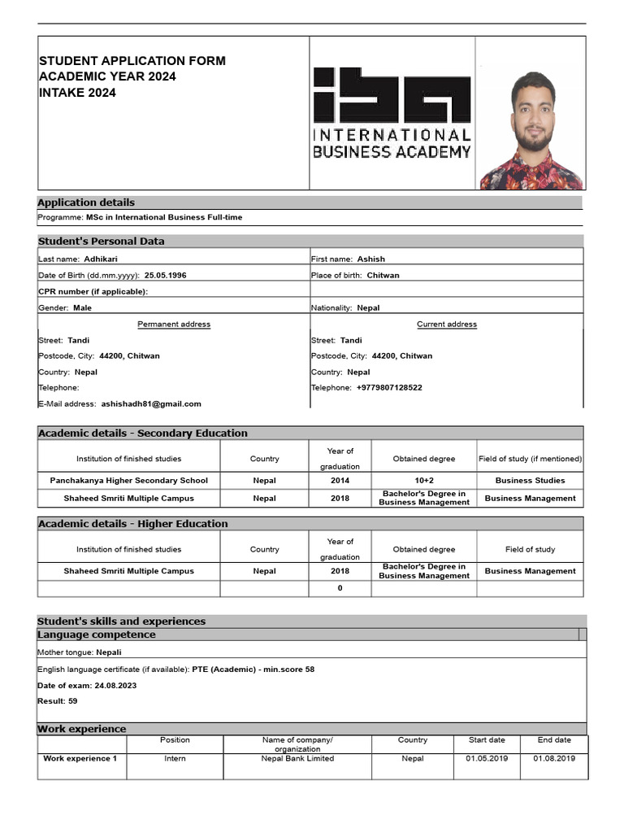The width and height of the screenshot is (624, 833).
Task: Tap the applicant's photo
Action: [532, 130]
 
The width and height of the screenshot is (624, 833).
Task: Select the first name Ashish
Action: [371, 259]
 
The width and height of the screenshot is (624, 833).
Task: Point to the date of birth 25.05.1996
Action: [165, 275]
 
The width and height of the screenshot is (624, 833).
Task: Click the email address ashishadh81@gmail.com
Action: [151, 403]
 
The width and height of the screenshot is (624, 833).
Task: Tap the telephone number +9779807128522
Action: [389, 388]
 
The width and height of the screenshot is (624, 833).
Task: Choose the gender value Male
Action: [82, 307]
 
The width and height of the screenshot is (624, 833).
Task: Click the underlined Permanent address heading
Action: [174, 324]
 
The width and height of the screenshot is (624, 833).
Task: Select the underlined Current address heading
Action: [447, 324]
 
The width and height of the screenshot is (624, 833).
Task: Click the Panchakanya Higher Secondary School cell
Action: [128, 480]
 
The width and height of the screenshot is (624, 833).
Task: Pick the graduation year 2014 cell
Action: [340, 480]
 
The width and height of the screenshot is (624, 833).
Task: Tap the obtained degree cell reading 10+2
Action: [424, 480]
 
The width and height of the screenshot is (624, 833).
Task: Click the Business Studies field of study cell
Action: [530, 480]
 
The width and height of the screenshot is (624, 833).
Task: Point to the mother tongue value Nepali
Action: [110, 652]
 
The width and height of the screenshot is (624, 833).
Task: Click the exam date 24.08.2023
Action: [115, 685]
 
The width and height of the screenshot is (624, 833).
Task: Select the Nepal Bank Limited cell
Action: [297, 758]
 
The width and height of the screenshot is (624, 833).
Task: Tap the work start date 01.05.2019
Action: [487, 758]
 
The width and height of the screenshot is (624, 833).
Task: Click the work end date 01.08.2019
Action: [554, 758]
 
